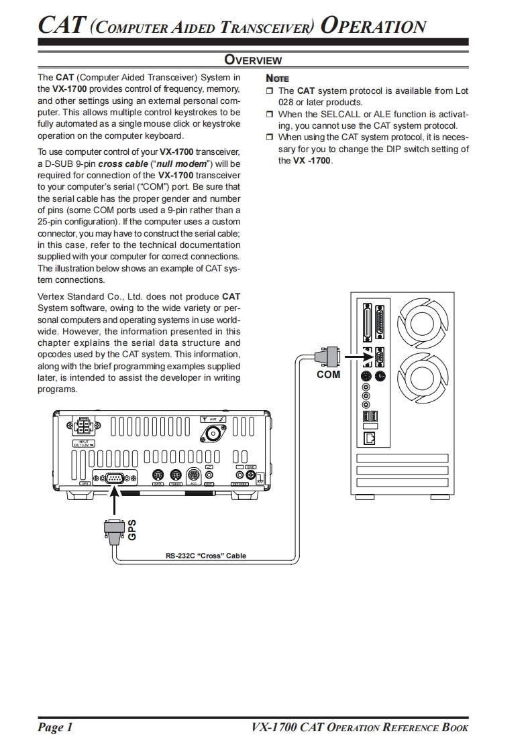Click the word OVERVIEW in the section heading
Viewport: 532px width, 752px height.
pos(252,60)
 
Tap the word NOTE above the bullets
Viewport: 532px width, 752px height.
pos(277,78)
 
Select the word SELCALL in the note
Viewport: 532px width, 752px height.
pos(340,114)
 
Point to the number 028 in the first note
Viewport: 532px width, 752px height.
pos(287,102)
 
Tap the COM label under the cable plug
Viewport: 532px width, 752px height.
pos(328,374)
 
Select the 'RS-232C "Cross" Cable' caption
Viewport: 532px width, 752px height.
pos(206,556)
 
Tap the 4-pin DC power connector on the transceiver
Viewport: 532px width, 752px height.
pos(84,426)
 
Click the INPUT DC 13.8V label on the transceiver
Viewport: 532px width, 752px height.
pos(84,443)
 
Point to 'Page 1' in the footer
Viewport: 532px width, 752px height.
pos(55,728)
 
